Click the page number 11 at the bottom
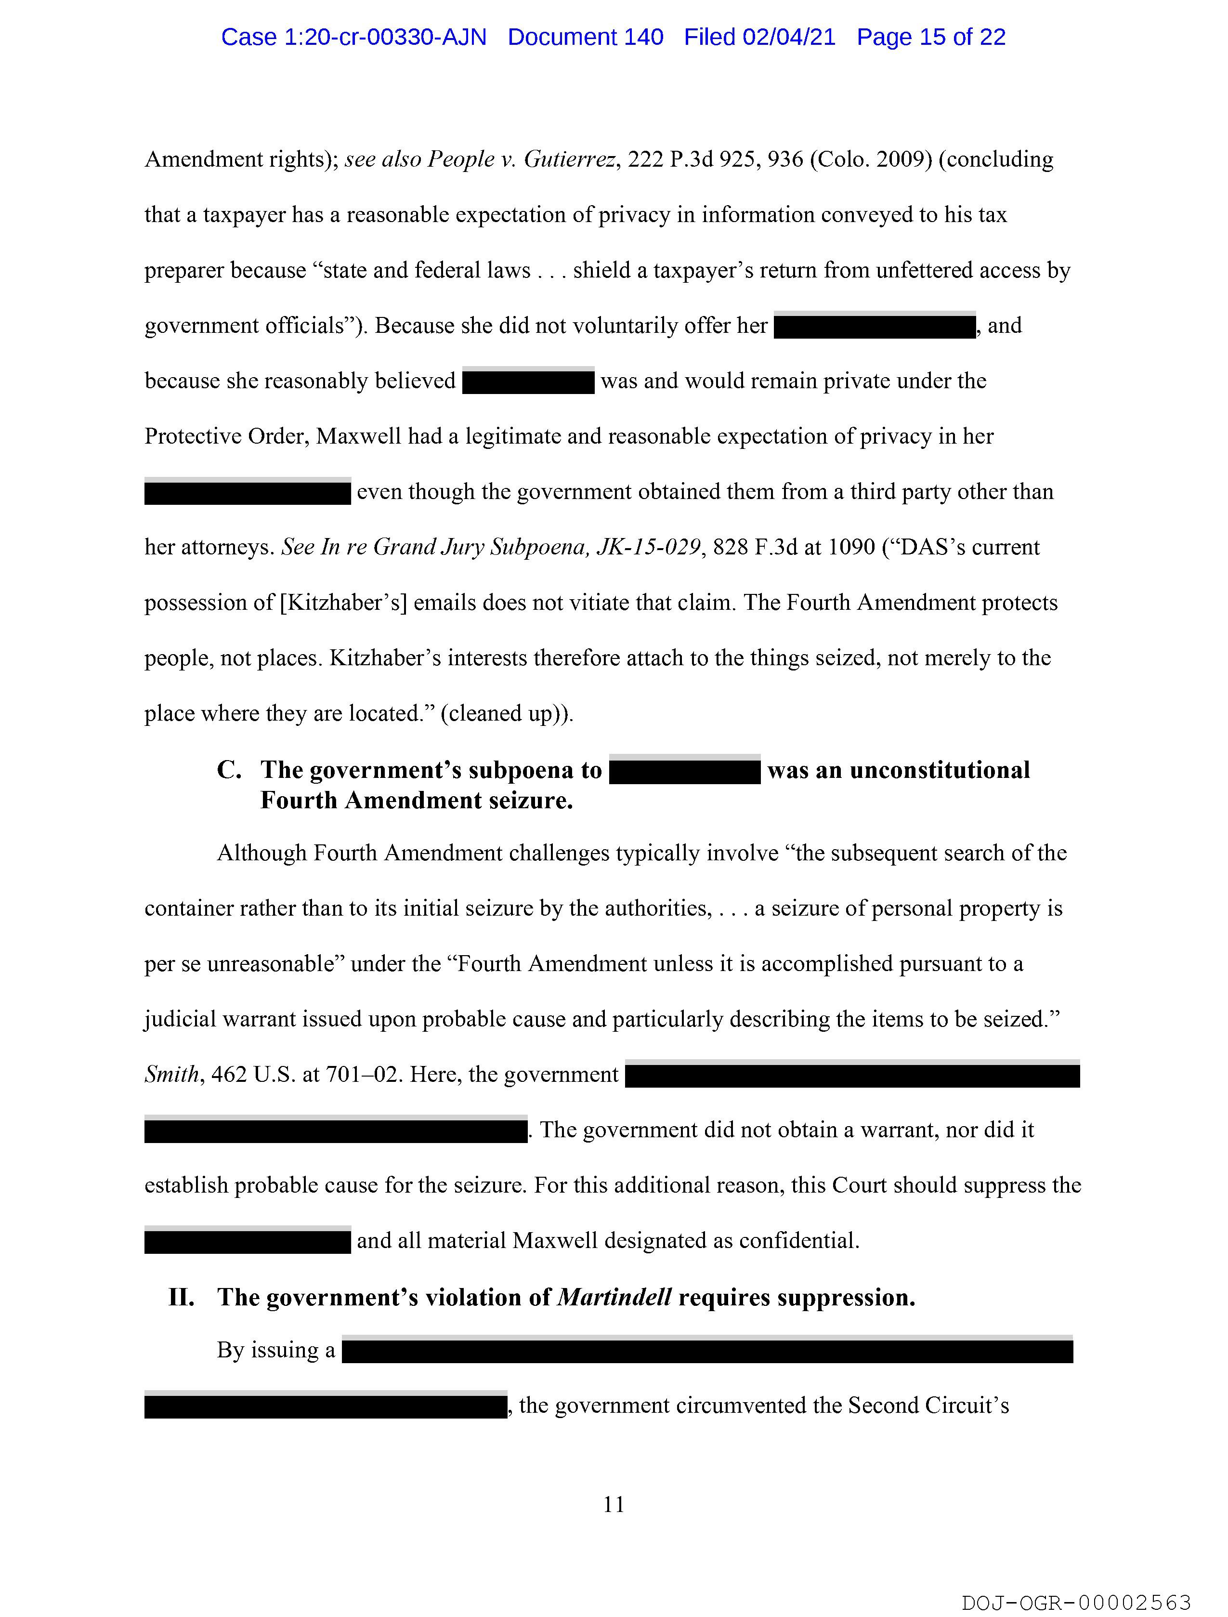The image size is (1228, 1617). point(614,1504)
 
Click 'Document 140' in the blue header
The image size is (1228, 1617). point(586,37)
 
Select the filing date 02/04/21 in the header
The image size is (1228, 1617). point(789,37)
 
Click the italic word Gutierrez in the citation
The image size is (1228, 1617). point(570,159)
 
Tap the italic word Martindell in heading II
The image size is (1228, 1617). point(614,1298)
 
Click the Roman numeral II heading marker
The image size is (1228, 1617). point(181,1298)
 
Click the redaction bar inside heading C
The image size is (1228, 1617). point(684,771)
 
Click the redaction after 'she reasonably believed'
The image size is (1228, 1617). point(528,381)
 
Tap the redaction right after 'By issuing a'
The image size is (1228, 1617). point(707,1351)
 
